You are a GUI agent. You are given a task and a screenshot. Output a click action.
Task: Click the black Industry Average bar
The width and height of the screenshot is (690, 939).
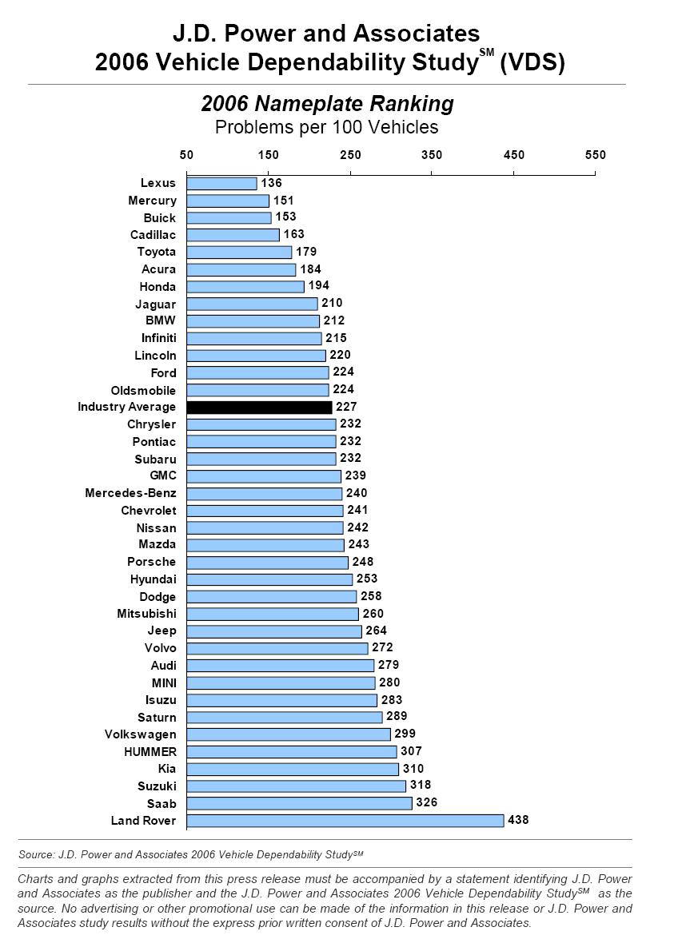point(259,408)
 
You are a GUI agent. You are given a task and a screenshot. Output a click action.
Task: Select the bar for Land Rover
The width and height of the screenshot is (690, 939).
point(345,821)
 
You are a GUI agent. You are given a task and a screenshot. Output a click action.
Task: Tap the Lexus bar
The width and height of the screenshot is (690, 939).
point(221,184)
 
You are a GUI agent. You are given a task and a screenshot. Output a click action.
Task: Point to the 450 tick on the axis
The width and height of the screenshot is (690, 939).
point(513,155)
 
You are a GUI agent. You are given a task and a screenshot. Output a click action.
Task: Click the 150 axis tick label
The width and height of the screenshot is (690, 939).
point(268,155)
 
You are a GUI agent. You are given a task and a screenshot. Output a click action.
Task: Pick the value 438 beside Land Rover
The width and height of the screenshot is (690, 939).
point(517,820)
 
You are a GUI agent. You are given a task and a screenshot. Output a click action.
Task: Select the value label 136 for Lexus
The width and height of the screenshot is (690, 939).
point(271,183)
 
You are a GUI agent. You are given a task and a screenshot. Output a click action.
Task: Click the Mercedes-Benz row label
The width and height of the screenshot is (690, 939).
point(130,493)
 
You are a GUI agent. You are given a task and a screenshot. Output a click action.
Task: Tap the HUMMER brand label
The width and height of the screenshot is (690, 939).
point(150,752)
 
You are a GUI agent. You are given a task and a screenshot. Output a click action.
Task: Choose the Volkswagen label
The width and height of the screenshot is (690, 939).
point(140,734)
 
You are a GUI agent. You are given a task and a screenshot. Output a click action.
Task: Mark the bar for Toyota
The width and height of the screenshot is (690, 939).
point(239,253)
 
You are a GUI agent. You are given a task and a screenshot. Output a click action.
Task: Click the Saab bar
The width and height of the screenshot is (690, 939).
point(299,803)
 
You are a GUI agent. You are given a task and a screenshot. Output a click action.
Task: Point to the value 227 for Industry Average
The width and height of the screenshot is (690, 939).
point(346,407)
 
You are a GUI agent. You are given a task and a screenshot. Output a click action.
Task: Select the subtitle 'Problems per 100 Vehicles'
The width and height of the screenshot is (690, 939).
point(326,127)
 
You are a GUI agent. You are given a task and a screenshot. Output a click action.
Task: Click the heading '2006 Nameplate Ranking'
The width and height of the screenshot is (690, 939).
point(327,104)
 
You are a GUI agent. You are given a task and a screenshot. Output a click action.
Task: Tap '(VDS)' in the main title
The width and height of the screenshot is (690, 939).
point(532,63)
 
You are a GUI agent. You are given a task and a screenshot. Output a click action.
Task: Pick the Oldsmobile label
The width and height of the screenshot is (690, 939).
point(143,391)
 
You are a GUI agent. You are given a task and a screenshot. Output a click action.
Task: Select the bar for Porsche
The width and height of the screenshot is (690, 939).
point(267,563)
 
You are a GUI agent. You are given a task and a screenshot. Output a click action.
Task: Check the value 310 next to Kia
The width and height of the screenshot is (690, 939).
point(413,769)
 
